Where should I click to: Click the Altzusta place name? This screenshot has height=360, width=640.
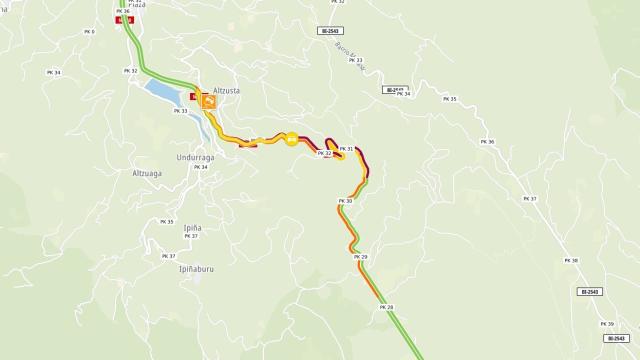220,89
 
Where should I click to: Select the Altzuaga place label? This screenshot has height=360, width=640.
147,173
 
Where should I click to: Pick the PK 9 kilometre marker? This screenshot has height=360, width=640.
89,32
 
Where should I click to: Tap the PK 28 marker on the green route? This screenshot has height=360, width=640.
388,307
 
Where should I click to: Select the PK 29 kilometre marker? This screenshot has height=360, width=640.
361,257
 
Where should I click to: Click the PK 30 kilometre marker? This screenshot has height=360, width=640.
346,201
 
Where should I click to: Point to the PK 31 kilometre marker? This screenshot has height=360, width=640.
347,149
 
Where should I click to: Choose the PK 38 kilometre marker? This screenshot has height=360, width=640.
572,260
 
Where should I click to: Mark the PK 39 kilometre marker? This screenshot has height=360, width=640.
607,324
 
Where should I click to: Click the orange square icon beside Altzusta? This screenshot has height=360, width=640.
209,101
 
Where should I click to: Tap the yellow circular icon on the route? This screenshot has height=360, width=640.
291,140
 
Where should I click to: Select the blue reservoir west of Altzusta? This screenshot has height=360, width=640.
164,92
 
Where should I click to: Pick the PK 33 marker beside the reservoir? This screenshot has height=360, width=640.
181,110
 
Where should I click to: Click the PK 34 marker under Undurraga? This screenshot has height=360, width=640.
199,167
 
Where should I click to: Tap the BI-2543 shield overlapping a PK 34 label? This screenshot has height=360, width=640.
394,90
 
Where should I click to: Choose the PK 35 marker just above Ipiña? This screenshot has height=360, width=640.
166,221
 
